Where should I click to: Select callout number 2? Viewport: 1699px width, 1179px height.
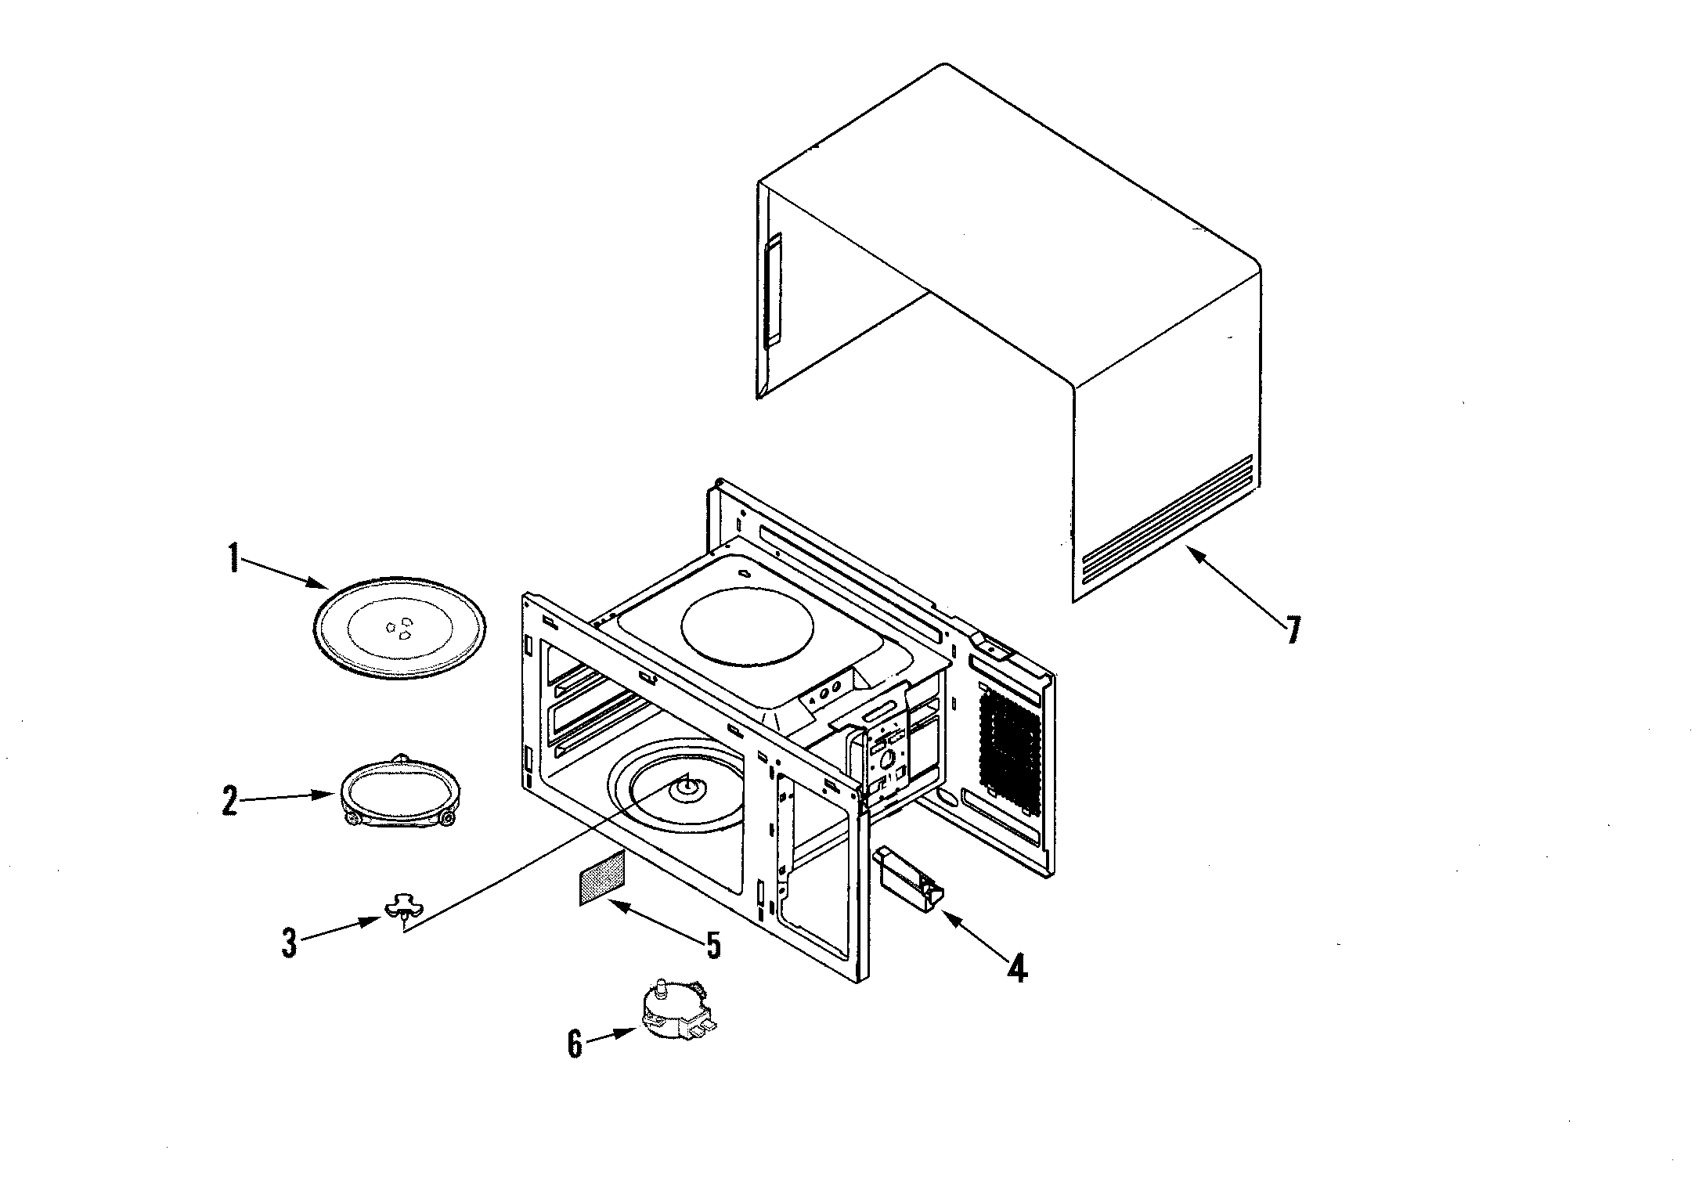229,801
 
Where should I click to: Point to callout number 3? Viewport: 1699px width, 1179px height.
290,943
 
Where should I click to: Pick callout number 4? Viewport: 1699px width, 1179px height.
1016,969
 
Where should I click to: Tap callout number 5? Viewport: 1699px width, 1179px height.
712,944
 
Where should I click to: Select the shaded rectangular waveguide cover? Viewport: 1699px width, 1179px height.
602,878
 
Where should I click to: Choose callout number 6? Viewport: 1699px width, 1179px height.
575,1044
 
